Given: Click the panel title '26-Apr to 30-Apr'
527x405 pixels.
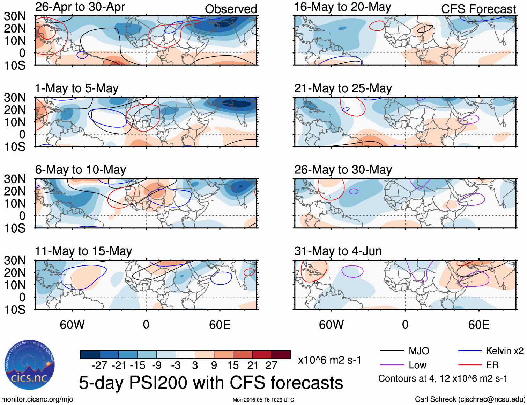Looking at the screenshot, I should (x=80, y=7).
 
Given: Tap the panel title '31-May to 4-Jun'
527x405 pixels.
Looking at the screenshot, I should (x=338, y=251).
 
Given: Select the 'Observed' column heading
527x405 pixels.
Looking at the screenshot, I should (x=231, y=9).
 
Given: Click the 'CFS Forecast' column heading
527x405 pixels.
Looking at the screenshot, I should (x=478, y=9).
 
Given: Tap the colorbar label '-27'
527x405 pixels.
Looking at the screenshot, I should (x=99, y=365).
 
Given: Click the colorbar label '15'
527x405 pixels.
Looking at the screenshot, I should (x=233, y=365).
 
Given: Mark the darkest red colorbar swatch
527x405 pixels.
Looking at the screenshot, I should (x=281, y=355).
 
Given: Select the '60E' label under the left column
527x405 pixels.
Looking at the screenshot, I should (x=220, y=325).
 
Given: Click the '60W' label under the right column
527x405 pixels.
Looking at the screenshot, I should (x=331, y=325).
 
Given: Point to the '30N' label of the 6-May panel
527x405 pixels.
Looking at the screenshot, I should (x=15, y=179).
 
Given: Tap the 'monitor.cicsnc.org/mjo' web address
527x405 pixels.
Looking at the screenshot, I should (x=37, y=399).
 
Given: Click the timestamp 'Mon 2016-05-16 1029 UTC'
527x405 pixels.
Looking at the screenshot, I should (x=263, y=400).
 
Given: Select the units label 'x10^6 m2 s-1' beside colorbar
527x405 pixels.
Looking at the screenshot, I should (x=329, y=360).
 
